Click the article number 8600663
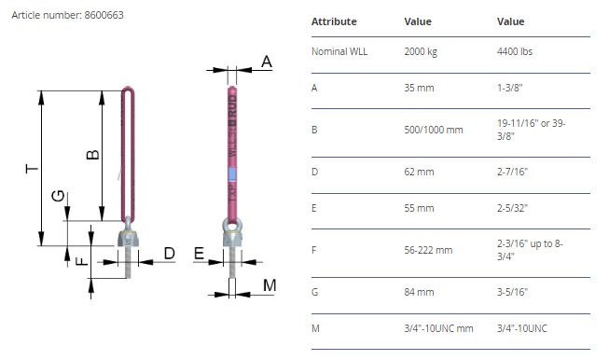[104, 15]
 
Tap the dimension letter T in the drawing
[32, 169]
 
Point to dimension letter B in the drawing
[92, 155]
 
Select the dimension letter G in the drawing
[58, 196]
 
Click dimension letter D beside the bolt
[170, 253]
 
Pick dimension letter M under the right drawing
[270, 285]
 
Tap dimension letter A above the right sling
[267, 62]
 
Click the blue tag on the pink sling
[232, 174]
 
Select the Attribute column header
[334, 21]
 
